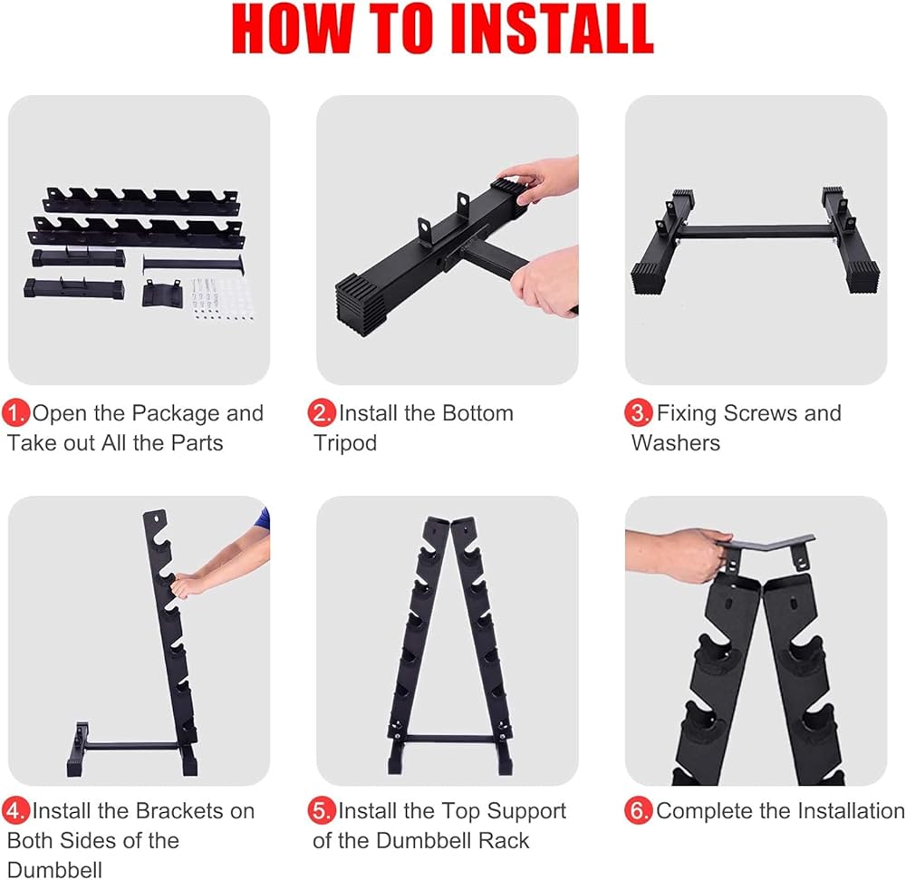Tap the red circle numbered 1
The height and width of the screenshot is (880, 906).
[15, 413]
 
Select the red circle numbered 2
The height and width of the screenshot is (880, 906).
[322, 413]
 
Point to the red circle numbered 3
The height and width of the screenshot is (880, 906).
[639, 413]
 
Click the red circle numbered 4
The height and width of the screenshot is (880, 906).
[15, 810]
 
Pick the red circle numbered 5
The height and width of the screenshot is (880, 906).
[322, 810]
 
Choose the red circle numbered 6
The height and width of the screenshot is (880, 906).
[639, 810]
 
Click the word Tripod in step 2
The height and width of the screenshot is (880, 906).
[345, 444]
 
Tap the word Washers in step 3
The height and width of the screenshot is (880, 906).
[676, 443]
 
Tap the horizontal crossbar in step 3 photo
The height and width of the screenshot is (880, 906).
[756, 232]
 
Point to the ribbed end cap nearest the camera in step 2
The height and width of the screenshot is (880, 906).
[361, 304]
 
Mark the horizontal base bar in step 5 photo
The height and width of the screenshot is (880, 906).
[449, 739]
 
